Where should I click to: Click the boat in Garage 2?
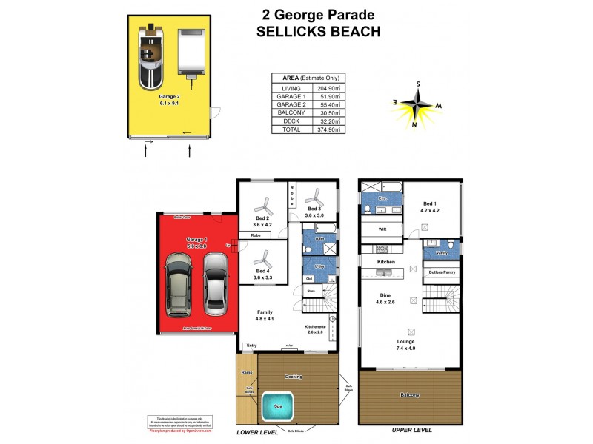point(151,53)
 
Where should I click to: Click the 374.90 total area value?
point(328,129)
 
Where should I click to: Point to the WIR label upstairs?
point(382,230)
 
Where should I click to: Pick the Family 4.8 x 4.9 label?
point(265,316)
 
